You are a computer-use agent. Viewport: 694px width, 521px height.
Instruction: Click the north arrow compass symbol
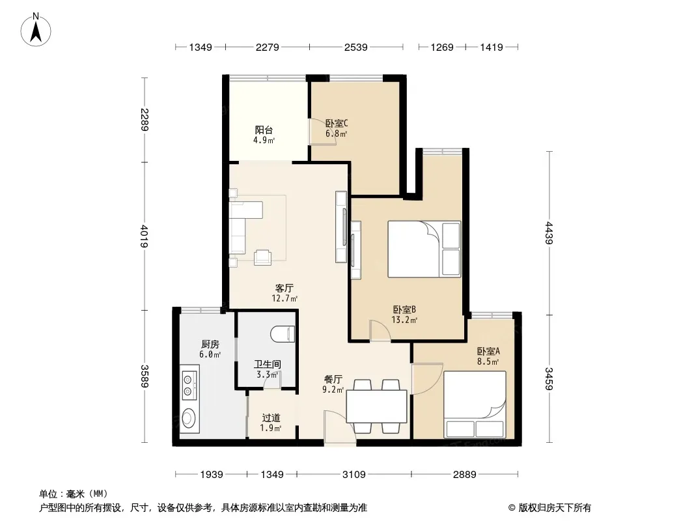pos(36,30)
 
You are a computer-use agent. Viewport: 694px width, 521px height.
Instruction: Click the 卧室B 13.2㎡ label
pos(404,315)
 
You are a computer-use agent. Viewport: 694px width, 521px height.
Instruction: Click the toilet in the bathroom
pos(282,333)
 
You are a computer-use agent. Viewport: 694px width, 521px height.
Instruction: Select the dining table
pos(377,406)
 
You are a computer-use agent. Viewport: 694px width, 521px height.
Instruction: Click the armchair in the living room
pos(262,257)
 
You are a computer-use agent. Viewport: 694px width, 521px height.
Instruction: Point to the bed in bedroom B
pos(424,249)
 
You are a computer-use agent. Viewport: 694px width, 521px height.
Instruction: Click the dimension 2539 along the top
pos(356,47)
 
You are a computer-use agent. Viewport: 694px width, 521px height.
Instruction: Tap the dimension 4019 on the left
pos(145,236)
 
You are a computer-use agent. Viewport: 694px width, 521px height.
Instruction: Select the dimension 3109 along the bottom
pos(354,475)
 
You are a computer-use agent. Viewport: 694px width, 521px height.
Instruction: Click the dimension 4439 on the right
pos(549,233)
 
